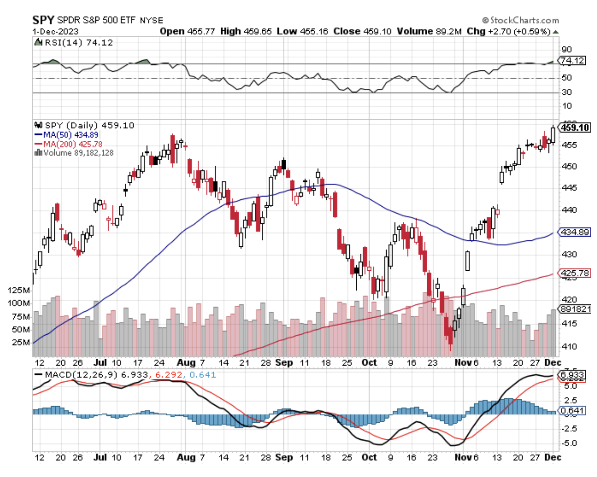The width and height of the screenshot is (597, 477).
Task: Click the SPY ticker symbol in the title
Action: coord(43,20)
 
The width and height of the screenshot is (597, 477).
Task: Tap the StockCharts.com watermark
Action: coord(521,20)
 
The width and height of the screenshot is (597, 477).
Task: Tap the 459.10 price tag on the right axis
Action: coord(573,128)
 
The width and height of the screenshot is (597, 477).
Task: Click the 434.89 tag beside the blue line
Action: coord(573,233)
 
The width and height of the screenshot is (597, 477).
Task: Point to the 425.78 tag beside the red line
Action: coord(573,273)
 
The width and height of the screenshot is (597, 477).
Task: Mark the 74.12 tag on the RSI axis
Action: coord(573,61)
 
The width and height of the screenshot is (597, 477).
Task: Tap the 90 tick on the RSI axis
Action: coord(566,49)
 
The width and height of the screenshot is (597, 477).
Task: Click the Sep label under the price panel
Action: coord(284,363)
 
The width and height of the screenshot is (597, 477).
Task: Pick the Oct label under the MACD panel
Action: coord(369,457)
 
